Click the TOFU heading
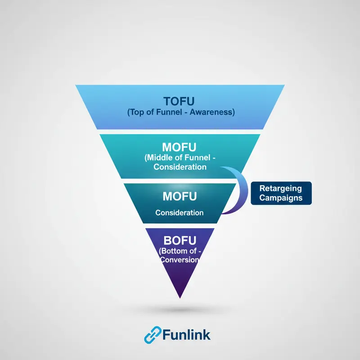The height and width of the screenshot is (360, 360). point(180,100)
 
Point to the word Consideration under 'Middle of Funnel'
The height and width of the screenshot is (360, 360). point(180,166)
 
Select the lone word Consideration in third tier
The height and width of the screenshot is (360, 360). point(180,212)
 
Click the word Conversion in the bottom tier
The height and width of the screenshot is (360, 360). point(180,260)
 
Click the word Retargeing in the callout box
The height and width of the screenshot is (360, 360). point(280,188)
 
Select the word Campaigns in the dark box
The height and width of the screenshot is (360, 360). point(280,198)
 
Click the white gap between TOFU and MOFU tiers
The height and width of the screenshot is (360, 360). point(180,132)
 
